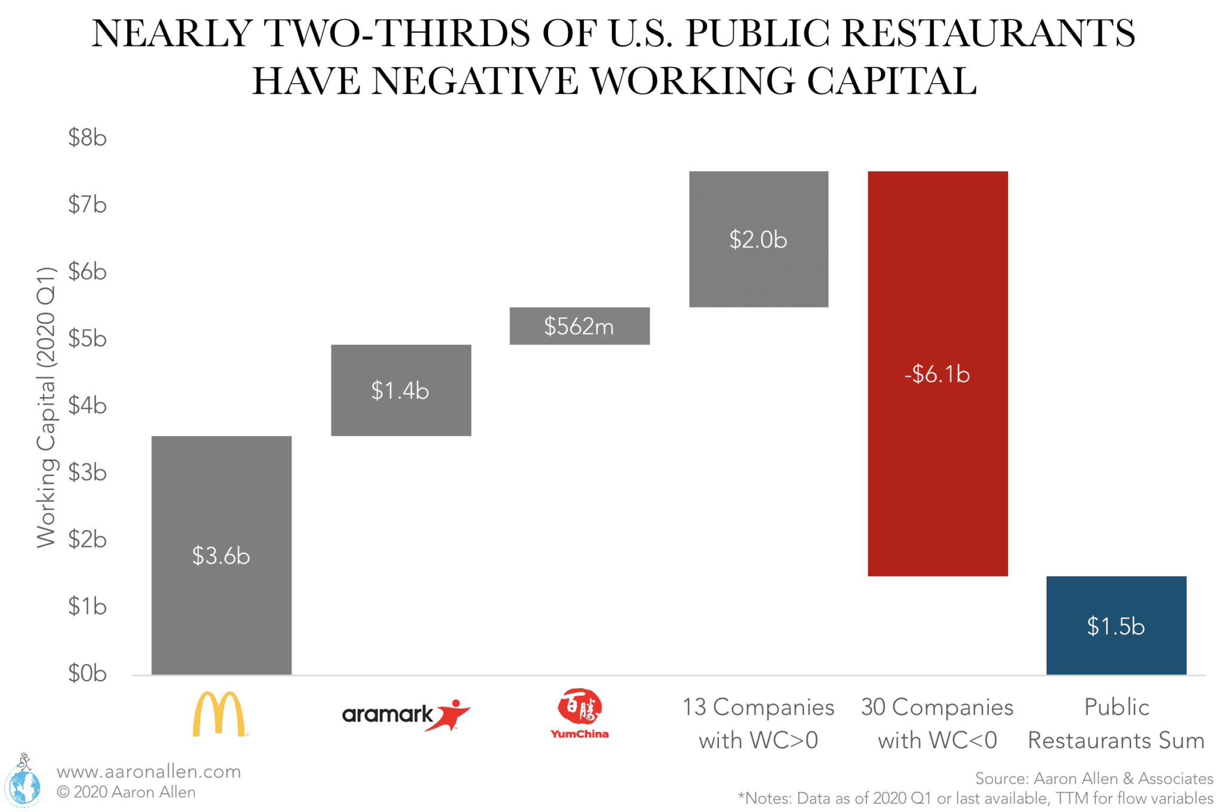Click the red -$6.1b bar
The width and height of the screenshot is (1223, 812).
938,373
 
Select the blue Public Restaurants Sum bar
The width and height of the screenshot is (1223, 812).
1116,625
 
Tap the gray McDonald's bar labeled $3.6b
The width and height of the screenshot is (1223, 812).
221,555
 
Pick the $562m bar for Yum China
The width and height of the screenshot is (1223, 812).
579,326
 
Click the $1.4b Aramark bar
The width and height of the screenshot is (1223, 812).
401,390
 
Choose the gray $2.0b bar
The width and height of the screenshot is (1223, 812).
758,239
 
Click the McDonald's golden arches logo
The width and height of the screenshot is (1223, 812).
219,714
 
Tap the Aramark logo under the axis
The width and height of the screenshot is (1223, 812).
405,715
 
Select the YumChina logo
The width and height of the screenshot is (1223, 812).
579,714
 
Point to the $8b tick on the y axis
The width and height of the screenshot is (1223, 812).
87,138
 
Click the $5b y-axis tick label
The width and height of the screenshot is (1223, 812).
87,339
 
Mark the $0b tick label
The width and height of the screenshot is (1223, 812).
87,673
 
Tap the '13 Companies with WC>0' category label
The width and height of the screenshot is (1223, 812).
758,723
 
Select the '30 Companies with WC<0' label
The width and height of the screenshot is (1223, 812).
938,723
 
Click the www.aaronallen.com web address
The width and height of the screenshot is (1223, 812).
149,771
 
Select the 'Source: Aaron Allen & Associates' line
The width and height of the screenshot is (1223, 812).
1093,779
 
